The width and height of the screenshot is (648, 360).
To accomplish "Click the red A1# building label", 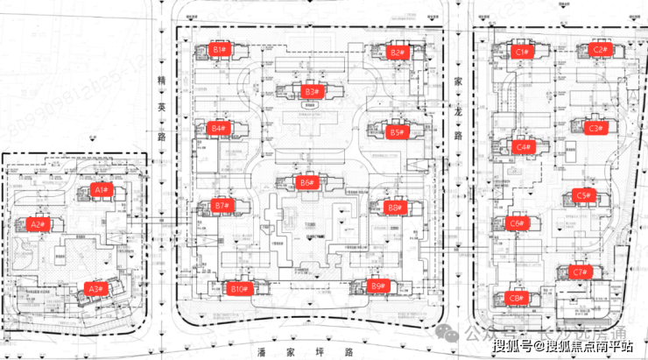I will coord(100,189).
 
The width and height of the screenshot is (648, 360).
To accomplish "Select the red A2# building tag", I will coord(37,224).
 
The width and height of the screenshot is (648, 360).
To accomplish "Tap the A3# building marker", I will coord(95,288).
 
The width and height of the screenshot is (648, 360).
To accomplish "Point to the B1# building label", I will coord(219,50).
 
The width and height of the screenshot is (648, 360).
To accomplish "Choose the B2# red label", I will coord(397,53).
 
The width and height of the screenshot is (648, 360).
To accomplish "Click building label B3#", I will coord(310,91).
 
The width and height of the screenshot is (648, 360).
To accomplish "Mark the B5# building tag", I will coord(396,133).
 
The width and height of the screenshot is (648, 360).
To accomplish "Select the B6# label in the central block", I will coord(306,183).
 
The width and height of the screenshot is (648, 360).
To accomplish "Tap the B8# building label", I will coord(394,208).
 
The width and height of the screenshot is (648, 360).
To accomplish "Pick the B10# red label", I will coord(237,288).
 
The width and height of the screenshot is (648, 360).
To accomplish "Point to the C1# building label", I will coord(523,53).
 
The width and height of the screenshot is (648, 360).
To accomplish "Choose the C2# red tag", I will coord(599,50).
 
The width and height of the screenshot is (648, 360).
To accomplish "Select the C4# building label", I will coord(523,147).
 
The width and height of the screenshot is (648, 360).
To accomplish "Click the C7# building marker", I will coord(579,272).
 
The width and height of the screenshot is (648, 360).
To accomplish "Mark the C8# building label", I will coord(517,298).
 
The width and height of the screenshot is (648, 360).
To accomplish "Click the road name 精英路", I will coord(160,109).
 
